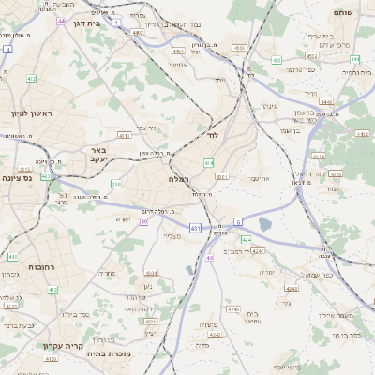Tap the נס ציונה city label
point(17,178)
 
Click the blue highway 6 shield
point(238,221)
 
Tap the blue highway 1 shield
point(116,21)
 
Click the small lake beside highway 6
point(265,224)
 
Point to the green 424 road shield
point(247,240)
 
